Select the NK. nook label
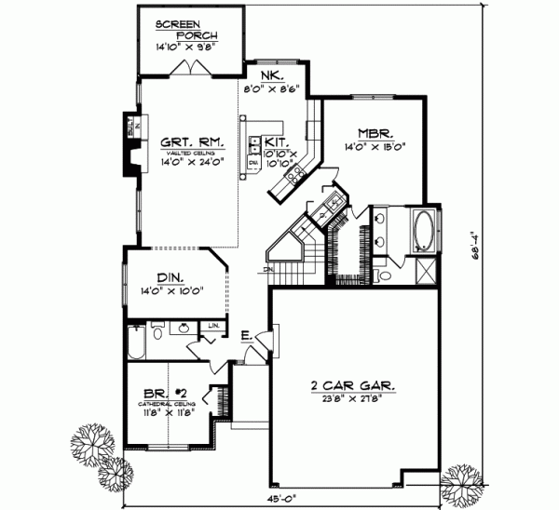pyautogui.click(x=273, y=77)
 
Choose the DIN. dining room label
pyautogui.click(x=170, y=277)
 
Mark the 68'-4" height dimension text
pyautogui.click(x=476, y=253)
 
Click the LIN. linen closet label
pyautogui.click(x=213, y=325)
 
